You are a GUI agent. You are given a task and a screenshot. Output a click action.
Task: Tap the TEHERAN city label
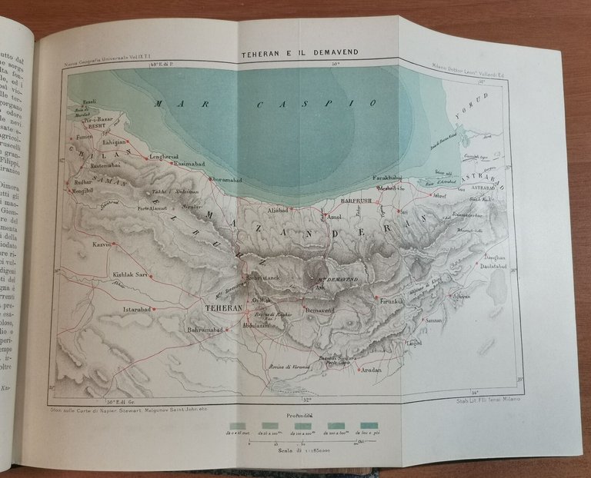click(x=222, y=307)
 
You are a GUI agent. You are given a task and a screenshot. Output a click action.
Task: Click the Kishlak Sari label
click(x=129, y=274)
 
